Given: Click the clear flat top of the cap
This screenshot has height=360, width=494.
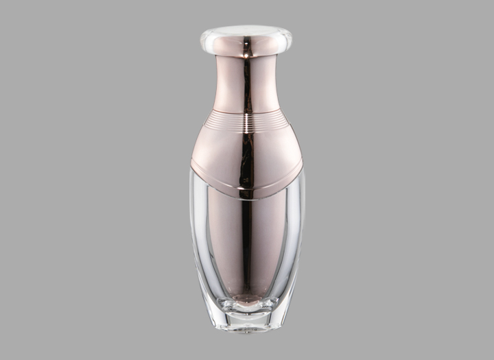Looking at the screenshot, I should point(246,31).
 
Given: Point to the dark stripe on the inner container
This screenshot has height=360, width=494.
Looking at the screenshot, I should point(248,240).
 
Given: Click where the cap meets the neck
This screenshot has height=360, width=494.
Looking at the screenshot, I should point(246,56).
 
